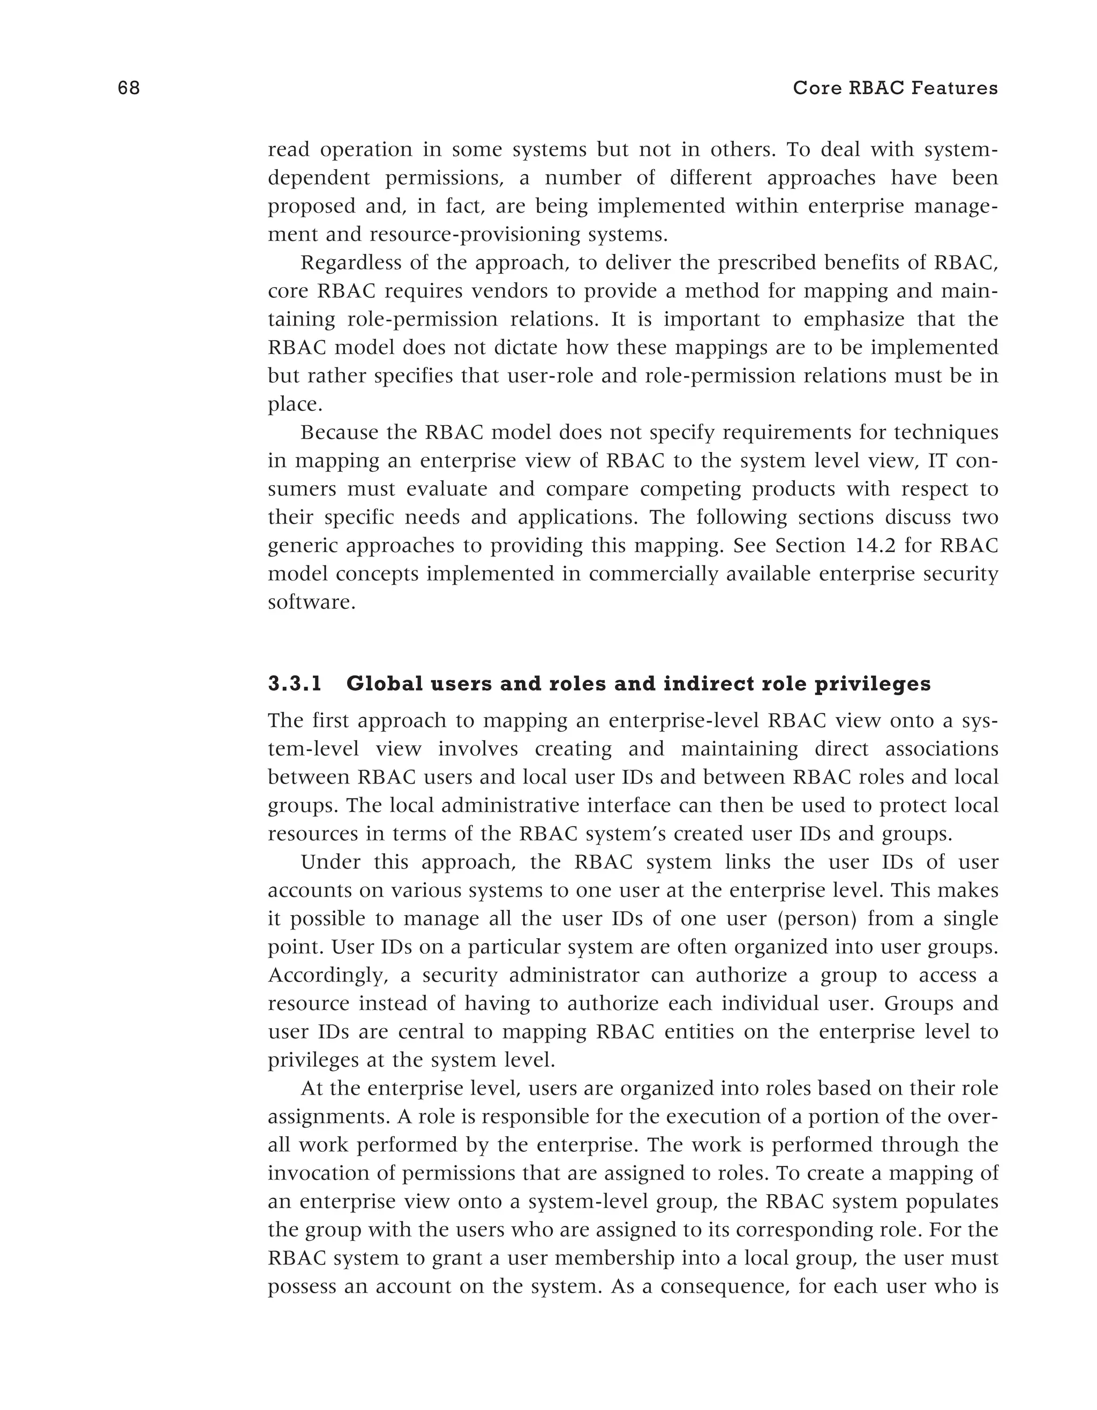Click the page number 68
129,88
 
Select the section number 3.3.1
295,684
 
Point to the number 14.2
876,546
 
